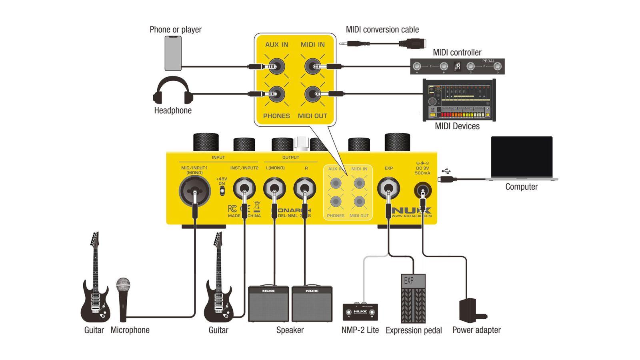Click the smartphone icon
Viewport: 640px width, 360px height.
(x=173, y=53)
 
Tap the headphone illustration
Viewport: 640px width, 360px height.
(x=173, y=91)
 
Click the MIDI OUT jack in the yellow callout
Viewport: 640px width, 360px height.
(x=312, y=94)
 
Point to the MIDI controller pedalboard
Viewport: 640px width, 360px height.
(x=457, y=66)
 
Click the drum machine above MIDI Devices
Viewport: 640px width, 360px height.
(x=459, y=100)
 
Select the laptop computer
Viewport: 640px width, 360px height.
(x=522, y=158)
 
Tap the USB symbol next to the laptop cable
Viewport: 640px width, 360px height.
(x=446, y=171)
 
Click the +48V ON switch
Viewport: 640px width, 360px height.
(x=222, y=190)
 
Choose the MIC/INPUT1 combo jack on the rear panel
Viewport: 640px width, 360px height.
(x=195, y=190)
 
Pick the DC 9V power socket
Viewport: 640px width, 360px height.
(x=422, y=190)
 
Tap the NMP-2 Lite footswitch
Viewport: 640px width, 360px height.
(x=360, y=312)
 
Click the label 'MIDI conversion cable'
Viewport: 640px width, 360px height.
(x=382, y=30)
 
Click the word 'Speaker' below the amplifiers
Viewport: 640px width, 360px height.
(x=290, y=330)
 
